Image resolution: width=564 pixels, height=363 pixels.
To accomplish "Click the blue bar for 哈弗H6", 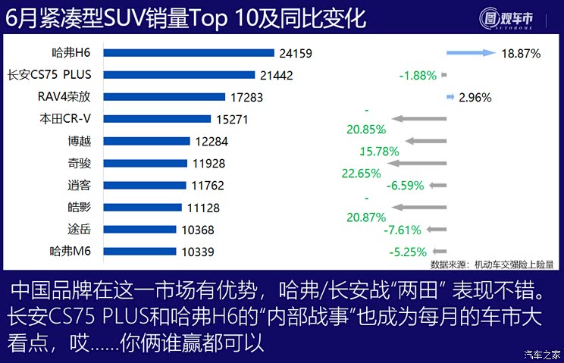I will [x=188, y=53].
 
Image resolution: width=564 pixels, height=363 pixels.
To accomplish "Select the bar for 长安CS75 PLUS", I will [x=179, y=75].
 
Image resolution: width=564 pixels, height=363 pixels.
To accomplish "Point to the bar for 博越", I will [x=146, y=141].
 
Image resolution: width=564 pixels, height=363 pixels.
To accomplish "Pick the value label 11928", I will [x=207, y=163].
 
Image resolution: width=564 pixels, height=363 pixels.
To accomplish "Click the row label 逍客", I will [x=80, y=185].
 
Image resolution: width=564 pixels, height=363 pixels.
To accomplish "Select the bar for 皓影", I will [x=143, y=207].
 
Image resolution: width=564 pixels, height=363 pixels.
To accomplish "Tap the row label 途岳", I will [x=80, y=229].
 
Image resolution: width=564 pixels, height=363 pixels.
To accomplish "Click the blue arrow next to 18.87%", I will [x=471, y=54].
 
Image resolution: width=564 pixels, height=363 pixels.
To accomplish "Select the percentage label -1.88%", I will [x=418, y=75].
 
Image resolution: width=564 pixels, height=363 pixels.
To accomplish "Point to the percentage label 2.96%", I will [x=475, y=97].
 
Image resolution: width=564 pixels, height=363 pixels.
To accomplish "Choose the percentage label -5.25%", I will [x=408, y=252].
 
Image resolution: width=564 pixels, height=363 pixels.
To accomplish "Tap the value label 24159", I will [x=295, y=54].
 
